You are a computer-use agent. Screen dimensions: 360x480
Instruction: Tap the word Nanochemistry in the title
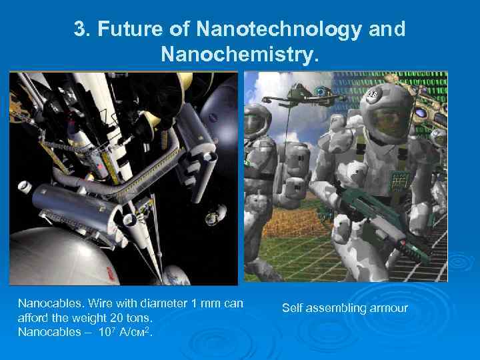[x=240, y=55]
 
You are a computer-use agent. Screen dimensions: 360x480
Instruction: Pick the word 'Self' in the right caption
[x=292, y=308]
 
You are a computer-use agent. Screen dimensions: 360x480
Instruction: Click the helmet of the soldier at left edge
[x=257, y=120]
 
